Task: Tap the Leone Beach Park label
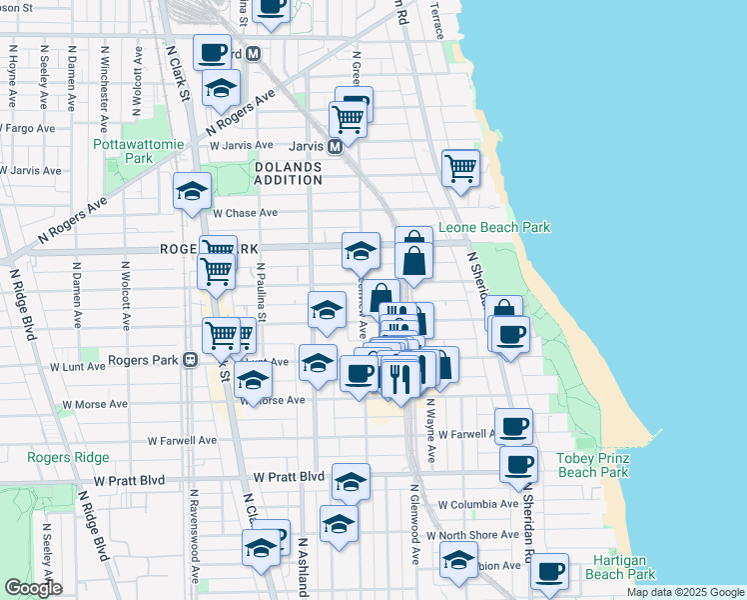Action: coord(494,228)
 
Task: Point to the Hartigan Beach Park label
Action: coord(620,567)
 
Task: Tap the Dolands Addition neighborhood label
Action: coord(289,173)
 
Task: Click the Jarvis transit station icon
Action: coord(337,146)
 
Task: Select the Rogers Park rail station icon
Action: coord(189,360)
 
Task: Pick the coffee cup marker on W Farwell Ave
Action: coord(514,426)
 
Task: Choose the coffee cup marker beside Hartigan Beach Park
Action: coord(549,570)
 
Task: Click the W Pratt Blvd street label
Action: coord(290,477)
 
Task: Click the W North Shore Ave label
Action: coord(469,535)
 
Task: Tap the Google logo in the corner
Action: coord(33,588)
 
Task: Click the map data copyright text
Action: coord(685,592)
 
